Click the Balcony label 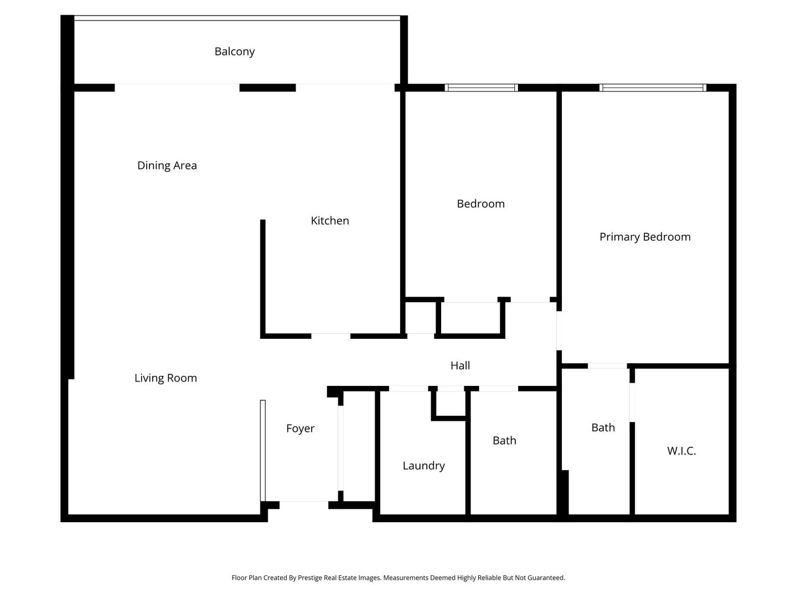point(235,51)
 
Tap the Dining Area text point(167,166)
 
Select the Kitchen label point(330,221)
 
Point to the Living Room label point(165,378)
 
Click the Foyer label point(300,429)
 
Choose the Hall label point(460,365)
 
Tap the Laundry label point(423,466)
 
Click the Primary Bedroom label point(645,237)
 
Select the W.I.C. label point(681,451)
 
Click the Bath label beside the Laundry point(504,441)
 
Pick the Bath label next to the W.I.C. point(603,427)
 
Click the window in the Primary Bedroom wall point(653,87)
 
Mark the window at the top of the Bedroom point(481,87)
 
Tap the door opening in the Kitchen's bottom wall point(330,336)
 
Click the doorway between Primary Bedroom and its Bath point(607,366)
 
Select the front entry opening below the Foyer point(304,504)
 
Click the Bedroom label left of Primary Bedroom point(480,204)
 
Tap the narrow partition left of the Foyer point(263,450)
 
